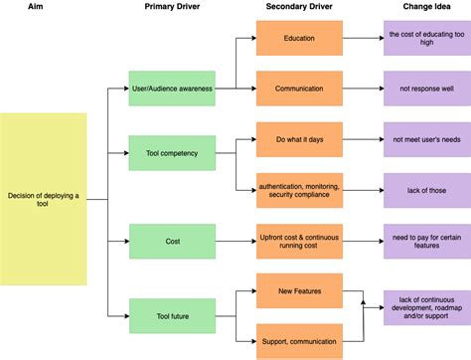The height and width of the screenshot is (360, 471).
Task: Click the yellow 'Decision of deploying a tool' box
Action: pyautogui.click(x=44, y=199)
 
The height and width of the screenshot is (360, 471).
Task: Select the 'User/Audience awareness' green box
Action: pyautogui.click(x=172, y=89)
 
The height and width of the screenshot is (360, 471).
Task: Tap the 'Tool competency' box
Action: pyautogui.click(x=172, y=154)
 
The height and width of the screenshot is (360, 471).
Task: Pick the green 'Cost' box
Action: pyautogui.click(x=172, y=241)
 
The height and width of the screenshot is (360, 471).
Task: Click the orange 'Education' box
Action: pyautogui.click(x=299, y=39)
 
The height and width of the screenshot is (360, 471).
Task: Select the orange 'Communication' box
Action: pyautogui.click(x=299, y=89)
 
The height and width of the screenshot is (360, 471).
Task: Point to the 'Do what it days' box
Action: pyautogui.click(x=299, y=138)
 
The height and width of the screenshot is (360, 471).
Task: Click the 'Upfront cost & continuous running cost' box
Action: pyautogui.click(x=299, y=241)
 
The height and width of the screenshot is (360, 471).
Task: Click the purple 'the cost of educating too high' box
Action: pyautogui.click(x=426, y=39)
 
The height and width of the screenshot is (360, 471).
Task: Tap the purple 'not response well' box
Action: pyautogui.click(x=426, y=89)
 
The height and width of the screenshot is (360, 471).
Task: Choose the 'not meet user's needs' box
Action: pyautogui.click(x=426, y=138)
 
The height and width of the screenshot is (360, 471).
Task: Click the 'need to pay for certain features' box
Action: pyautogui.click(x=426, y=241)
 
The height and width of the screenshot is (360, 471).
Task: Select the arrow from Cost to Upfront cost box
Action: pyautogui.click(x=235, y=241)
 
